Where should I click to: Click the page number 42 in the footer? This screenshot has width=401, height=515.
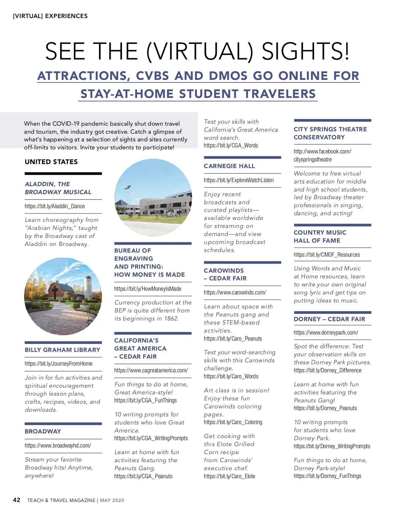[17, 500]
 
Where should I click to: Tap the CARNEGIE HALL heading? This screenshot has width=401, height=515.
[229, 166]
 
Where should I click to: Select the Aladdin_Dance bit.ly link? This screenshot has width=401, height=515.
[55, 206]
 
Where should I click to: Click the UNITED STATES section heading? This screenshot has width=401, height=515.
[51, 162]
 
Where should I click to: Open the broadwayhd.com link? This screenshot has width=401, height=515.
[58, 445]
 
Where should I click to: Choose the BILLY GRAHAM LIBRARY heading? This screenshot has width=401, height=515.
[62, 350]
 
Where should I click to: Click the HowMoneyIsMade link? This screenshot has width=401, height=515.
[148, 289]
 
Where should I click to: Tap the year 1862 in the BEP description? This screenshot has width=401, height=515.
[171, 318]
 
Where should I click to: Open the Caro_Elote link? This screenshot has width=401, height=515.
[229, 476]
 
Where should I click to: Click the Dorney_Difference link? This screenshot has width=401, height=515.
[327, 370]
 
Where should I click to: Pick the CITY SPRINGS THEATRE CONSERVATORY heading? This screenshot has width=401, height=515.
[330, 133]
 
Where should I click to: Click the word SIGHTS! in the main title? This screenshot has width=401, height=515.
[305, 51]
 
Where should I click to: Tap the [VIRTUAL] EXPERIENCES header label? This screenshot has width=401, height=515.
[50, 16]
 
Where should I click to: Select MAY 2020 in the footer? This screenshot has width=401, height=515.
[112, 500]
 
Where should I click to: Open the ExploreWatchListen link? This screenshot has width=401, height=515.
[239, 180]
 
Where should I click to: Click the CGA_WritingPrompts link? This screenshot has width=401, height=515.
[151, 438]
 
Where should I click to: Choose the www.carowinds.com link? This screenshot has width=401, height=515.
[235, 292]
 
